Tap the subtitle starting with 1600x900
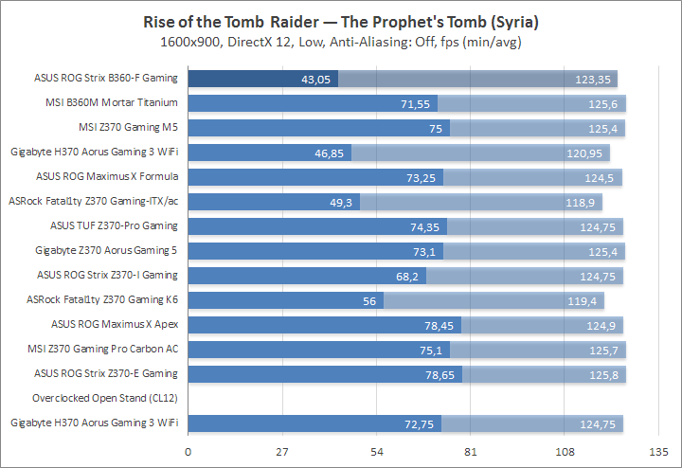click(x=341, y=43)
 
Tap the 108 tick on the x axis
click(x=565, y=451)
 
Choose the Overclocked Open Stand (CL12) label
click(x=105, y=398)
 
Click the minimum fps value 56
click(x=369, y=300)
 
